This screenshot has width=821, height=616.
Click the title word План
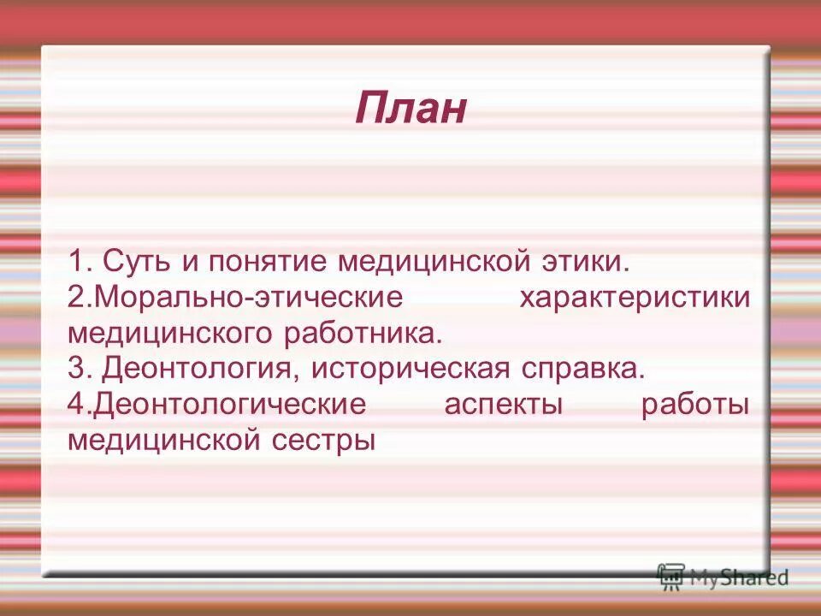click(x=411, y=109)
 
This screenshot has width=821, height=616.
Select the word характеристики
click(x=635, y=298)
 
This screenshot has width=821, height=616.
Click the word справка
click(x=579, y=369)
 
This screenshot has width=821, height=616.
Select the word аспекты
click(x=504, y=405)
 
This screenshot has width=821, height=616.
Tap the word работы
click(x=695, y=405)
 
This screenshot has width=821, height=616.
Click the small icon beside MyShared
click(x=671, y=577)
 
